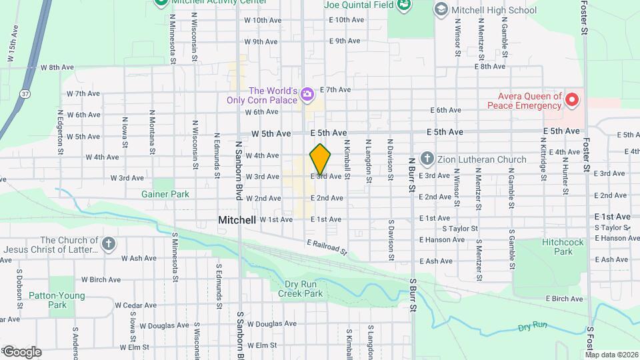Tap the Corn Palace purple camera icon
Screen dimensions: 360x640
pyautogui.click(x=306, y=95)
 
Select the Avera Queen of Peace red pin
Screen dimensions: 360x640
pyautogui.click(x=571, y=101)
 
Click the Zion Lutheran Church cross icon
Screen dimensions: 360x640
pyautogui.click(x=427, y=159)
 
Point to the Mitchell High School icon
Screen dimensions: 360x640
pyautogui.click(x=440, y=9)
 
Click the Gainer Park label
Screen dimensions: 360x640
pyautogui.click(x=165, y=194)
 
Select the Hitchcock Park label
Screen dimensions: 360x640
pyautogui.click(x=557, y=247)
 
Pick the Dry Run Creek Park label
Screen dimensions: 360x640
pyautogui.click(x=300, y=289)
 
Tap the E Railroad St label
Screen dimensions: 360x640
pyautogui.click(x=327, y=247)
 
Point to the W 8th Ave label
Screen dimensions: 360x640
pyautogui.click(x=56, y=67)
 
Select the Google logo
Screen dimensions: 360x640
pyautogui.click(x=21, y=351)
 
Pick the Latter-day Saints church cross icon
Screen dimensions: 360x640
pyautogui.click(x=109, y=243)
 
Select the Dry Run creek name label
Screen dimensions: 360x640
pyautogui.click(x=532, y=326)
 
